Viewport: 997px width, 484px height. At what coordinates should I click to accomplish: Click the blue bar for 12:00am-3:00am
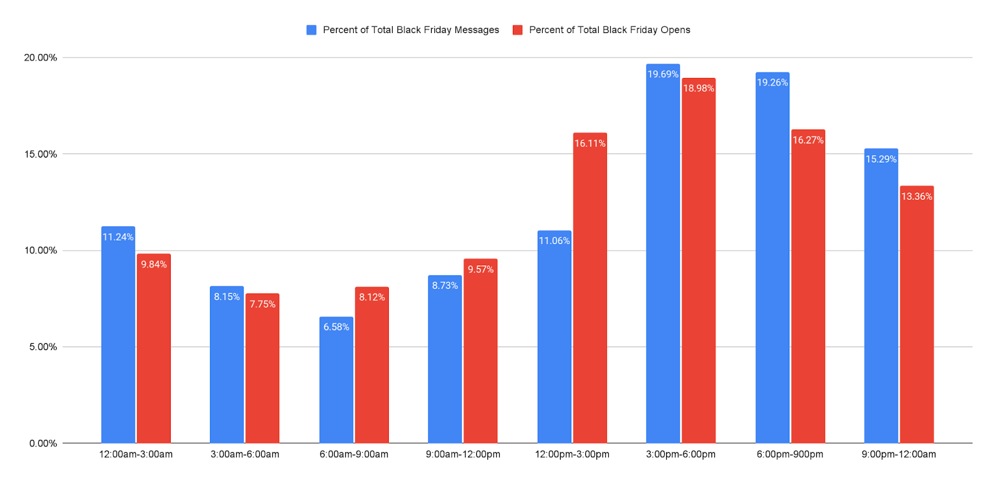pos(118,336)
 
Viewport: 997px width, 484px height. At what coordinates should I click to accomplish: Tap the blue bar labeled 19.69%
pos(662,255)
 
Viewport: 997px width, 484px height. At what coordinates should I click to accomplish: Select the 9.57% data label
pos(480,269)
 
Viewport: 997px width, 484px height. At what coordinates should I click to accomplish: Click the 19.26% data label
pos(772,82)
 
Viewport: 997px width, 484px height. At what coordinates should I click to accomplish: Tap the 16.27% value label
pos(808,140)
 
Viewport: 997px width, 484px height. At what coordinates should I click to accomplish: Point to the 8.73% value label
pos(445,285)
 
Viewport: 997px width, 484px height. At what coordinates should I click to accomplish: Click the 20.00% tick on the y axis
pos(41,58)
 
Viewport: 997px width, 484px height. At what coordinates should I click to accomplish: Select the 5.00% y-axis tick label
pos(43,347)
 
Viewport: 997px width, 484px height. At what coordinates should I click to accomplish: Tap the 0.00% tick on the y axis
pos(43,444)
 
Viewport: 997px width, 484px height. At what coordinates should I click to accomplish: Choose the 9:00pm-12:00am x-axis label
pos(899,454)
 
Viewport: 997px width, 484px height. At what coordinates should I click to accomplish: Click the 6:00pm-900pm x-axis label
pos(789,454)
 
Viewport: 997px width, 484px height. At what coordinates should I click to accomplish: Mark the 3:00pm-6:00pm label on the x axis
pos(680,454)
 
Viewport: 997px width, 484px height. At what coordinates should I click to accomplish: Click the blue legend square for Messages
pos(312,30)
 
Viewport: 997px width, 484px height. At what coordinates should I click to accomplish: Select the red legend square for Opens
pos(518,30)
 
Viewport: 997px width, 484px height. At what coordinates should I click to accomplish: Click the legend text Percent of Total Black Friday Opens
pos(609,30)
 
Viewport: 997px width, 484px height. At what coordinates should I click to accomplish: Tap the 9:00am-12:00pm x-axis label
pos(463,454)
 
